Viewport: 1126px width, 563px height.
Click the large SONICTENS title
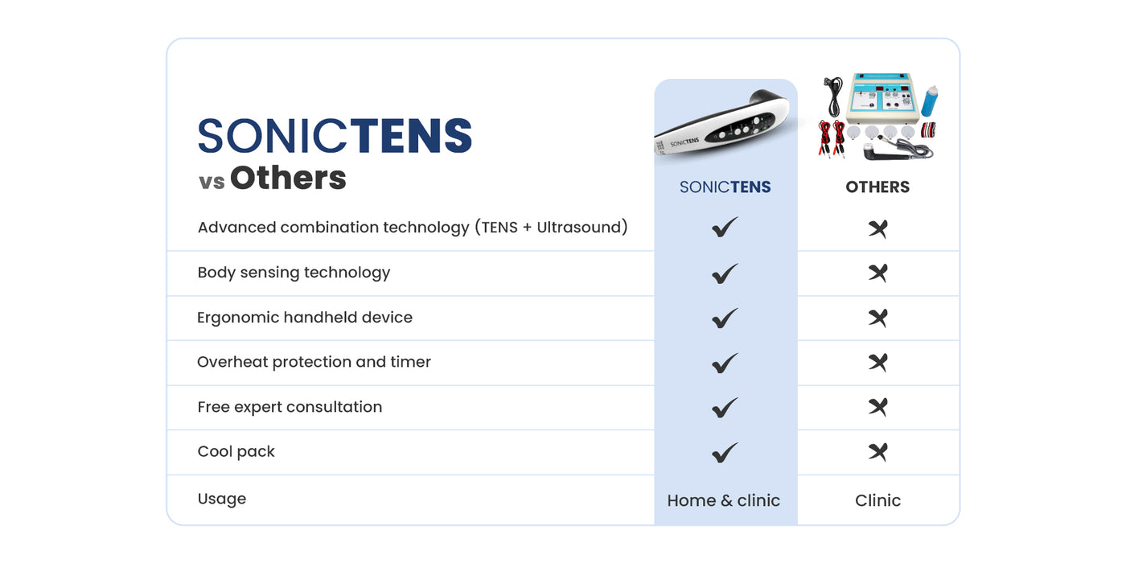(335, 135)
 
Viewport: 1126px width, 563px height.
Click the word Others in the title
(288, 178)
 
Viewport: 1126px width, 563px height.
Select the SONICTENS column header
(725, 187)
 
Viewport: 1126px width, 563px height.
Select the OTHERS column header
(877, 187)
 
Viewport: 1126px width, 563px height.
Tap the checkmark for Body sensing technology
(725, 273)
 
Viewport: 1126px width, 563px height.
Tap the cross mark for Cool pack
(877, 452)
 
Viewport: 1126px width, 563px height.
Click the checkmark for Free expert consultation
(725, 408)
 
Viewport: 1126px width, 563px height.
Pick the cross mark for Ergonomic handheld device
(877, 318)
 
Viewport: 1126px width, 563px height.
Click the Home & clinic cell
(723, 500)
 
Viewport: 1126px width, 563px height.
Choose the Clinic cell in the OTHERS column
(877, 500)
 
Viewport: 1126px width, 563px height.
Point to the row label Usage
(222, 499)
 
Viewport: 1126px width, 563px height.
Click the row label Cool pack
(236, 452)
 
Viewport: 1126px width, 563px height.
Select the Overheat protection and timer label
(314, 362)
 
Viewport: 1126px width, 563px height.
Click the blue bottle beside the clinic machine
(930, 101)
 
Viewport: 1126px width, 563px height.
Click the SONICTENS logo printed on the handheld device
(684, 143)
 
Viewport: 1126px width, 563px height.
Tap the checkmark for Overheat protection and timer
(725, 363)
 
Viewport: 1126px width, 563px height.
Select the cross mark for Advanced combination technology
(877, 228)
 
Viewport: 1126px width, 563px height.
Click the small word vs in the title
(212, 182)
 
